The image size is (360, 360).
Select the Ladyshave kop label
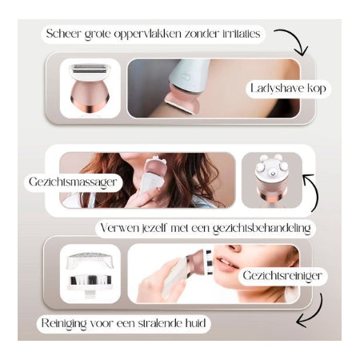(288, 88)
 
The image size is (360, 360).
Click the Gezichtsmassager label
(73, 182)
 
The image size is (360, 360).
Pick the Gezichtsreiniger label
(282, 275)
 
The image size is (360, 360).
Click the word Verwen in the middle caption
(119, 228)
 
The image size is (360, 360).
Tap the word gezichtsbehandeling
(262, 229)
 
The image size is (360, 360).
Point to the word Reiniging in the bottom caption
(64, 323)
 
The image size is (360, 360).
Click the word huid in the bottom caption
(195, 323)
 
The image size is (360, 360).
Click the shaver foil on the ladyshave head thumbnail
(90, 68)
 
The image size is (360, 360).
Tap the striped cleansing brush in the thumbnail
(90, 280)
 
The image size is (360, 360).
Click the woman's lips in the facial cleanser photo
(226, 262)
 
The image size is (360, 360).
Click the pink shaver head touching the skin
(182, 102)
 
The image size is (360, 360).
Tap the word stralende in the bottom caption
(160, 323)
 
